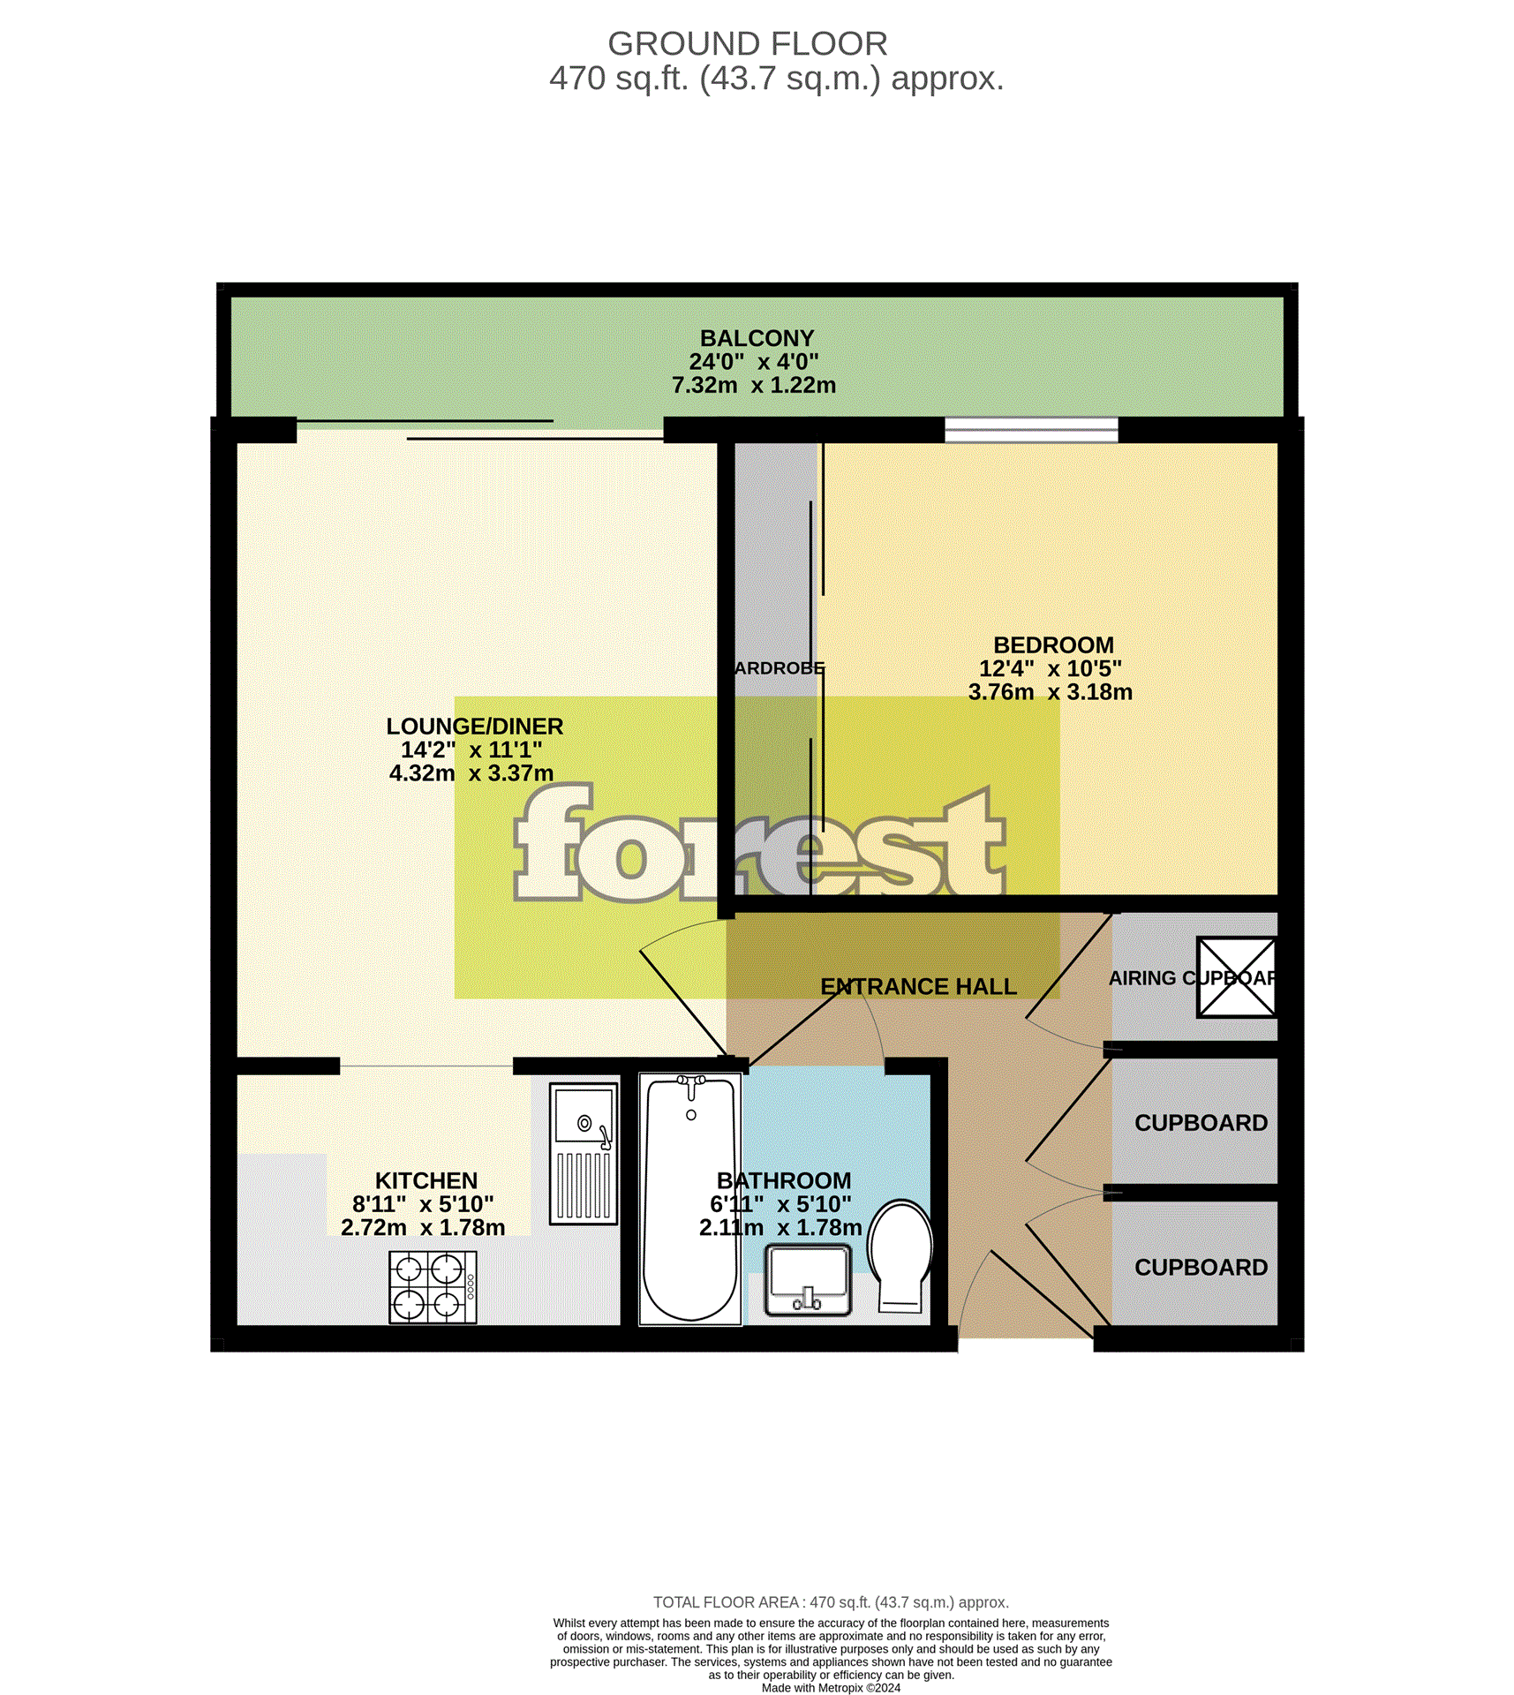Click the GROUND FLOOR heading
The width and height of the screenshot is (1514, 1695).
click(x=747, y=43)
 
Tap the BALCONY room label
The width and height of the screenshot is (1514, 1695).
click(x=757, y=338)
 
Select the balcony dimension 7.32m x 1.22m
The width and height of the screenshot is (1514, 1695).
click(x=753, y=385)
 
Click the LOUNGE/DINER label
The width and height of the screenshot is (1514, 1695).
click(x=474, y=726)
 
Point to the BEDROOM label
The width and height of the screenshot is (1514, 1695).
click(x=1053, y=644)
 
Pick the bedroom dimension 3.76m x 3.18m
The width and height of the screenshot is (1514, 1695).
click(x=1050, y=692)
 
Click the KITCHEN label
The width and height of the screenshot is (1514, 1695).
click(x=426, y=1180)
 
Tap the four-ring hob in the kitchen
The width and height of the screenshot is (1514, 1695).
click(x=433, y=1286)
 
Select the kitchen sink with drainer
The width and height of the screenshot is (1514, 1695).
click(x=584, y=1153)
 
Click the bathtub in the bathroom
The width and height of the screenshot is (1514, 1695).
click(x=690, y=1201)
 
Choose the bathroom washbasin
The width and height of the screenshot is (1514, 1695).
click(x=808, y=1279)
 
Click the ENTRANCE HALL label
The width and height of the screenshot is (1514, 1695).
click(x=918, y=986)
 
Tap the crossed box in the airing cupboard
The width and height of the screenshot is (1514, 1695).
click(x=1236, y=977)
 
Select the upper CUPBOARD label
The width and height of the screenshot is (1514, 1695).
click(x=1201, y=1123)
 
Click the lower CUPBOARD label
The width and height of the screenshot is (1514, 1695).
click(x=1201, y=1267)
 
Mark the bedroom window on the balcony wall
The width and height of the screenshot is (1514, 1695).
click(x=1031, y=430)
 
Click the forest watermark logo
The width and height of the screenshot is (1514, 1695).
click(x=759, y=847)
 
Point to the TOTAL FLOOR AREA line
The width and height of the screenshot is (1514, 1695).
click(x=831, y=1602)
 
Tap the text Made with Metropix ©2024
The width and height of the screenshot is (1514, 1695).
click(x=831, y=1688)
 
